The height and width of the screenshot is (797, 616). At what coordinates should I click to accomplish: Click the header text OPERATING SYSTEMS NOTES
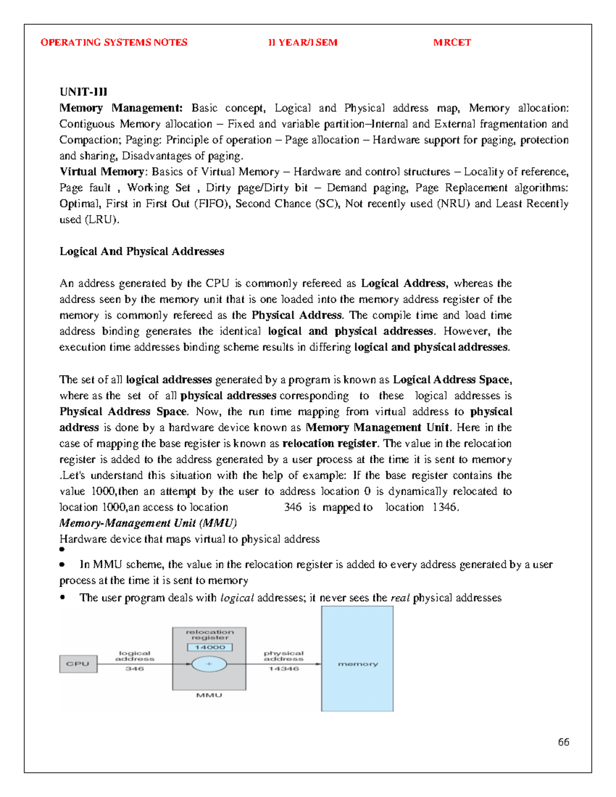(114, 43)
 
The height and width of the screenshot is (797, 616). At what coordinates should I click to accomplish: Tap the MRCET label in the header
(452, 43)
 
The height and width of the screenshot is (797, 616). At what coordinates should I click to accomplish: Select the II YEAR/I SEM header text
(302, 43)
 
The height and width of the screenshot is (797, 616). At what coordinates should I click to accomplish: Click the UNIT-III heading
(83, 92)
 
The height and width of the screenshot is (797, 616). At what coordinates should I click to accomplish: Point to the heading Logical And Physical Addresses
(142, 251)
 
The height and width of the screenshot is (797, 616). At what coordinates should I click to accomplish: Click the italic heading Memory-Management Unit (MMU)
(148, 523)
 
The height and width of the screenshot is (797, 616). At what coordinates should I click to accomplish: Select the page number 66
(563, 742)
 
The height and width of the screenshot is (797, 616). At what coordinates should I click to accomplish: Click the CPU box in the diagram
(78, 664)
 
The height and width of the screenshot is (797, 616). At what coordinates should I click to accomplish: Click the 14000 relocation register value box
(209, 647)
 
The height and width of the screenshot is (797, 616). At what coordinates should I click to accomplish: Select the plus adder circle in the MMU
(209, 664)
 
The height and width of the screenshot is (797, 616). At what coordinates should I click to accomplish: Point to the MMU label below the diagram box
(209, 695)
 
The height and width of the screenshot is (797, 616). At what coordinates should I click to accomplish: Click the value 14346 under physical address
(283, 669)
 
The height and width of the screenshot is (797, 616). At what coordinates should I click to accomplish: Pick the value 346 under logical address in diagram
(134, 669)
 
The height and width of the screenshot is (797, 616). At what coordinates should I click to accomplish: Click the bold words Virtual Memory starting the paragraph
(102, 172)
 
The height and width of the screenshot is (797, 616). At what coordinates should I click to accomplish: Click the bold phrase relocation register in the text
(330, 443)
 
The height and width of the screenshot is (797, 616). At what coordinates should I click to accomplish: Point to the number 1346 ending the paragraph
(445, 508)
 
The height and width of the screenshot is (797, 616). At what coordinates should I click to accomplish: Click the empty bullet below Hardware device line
(62, 549)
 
